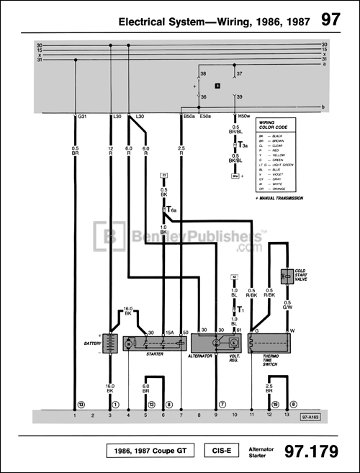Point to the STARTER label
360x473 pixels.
[x=153, y=354]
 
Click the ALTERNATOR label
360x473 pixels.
[x=201, y=356]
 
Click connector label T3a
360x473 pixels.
[x=244, y=145]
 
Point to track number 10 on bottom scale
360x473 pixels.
[x=234, y=416]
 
